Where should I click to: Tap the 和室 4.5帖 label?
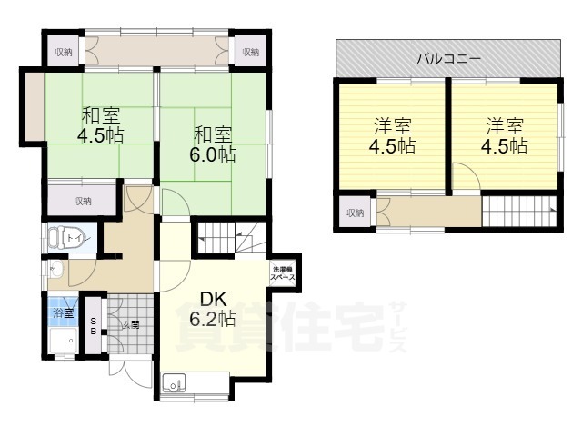point(100,125)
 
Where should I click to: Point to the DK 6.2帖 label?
point(212,309)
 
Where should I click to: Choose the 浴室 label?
point(62,312)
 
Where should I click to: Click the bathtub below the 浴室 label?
point(62,342)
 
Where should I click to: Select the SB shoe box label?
point(94,325)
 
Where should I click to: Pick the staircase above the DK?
point(231,239)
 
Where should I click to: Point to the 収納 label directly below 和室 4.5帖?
point(82,201)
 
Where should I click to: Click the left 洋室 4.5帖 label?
point(392,135)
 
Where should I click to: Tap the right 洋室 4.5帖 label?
point(504,135)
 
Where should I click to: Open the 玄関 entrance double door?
point(126,368)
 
